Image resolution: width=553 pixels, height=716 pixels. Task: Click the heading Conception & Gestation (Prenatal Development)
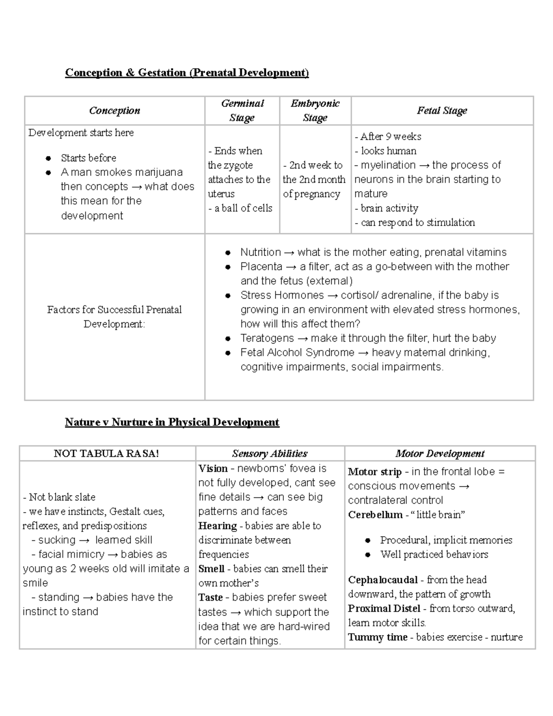click(x=187, y=73)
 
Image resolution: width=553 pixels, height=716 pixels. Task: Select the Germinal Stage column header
click(x=242, y=111)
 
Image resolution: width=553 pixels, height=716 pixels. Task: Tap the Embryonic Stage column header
click(x=315, y=111)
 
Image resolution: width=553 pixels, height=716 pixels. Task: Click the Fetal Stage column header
click(x=442, y=111)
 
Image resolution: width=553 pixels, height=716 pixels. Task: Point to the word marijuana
click(x=159, y=172)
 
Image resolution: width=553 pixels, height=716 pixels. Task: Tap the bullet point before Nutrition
click(x=228, y=253)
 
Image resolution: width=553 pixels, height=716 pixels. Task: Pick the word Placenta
click(x=261, y=267)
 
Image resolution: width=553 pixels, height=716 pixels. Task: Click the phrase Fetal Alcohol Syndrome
click(x=297, y=353)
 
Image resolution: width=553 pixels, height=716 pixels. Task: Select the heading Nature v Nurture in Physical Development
click(x=172, y=422)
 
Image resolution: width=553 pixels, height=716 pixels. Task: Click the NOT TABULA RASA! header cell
click(x=106, y=454)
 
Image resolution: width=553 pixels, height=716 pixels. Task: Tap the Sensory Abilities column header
click(x=270, y=454)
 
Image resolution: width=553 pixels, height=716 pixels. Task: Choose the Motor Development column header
click(x=440, y=454)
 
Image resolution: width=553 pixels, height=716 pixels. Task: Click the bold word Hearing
click(x=217, y=526)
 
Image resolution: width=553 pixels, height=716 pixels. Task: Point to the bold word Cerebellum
click(x=375, y=515)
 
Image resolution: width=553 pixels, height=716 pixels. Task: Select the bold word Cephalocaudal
click(x=382, y=580)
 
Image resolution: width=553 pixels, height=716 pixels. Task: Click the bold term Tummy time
click(x=377, y=638)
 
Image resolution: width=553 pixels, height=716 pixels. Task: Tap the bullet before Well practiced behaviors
click(x=368, y=555)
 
